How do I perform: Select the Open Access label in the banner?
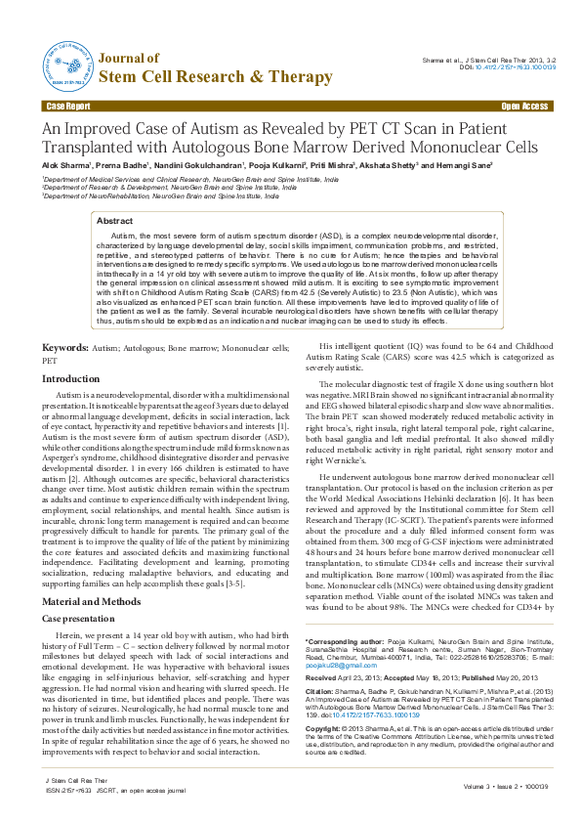[524, 105]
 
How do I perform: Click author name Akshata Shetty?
[389, 167]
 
